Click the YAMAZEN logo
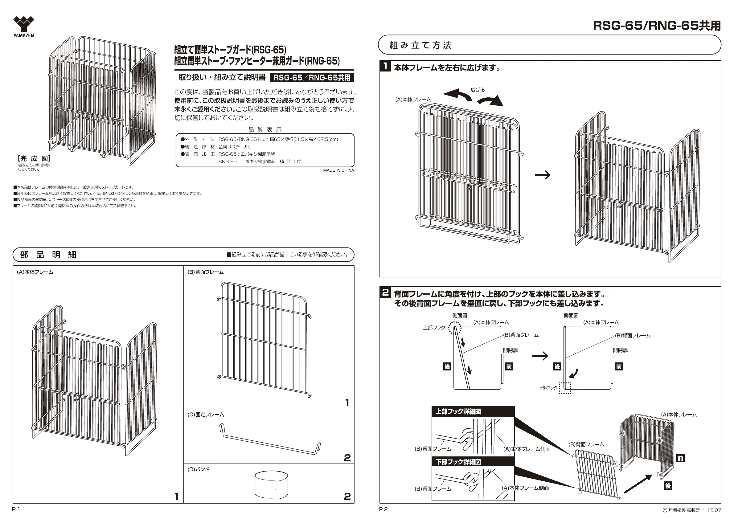click(x=24, y=27)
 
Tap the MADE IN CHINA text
click(x=338, y=170)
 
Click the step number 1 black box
click(x=386, y=66)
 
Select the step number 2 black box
click(x=386, y=292)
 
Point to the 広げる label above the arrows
click(x=478, y=90)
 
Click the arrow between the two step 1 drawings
click(x=543, y=175)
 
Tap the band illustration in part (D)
click(x=271, y=484)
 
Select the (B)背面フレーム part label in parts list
click(x=206, y=272)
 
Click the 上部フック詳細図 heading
click(x=458, y=412)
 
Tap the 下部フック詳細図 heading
click(x=458, y=462)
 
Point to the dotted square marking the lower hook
click(x=564, y=388)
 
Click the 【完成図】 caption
click(x=34, y=158)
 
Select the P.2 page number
click(x=383, y=509)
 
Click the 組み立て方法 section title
click(x=420, y=45)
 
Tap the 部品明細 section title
click(x=48, y=255)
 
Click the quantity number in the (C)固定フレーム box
click(x=347, y=458)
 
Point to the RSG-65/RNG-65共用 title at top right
click(x=657, y=26)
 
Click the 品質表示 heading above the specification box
click(x=265, y=129)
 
